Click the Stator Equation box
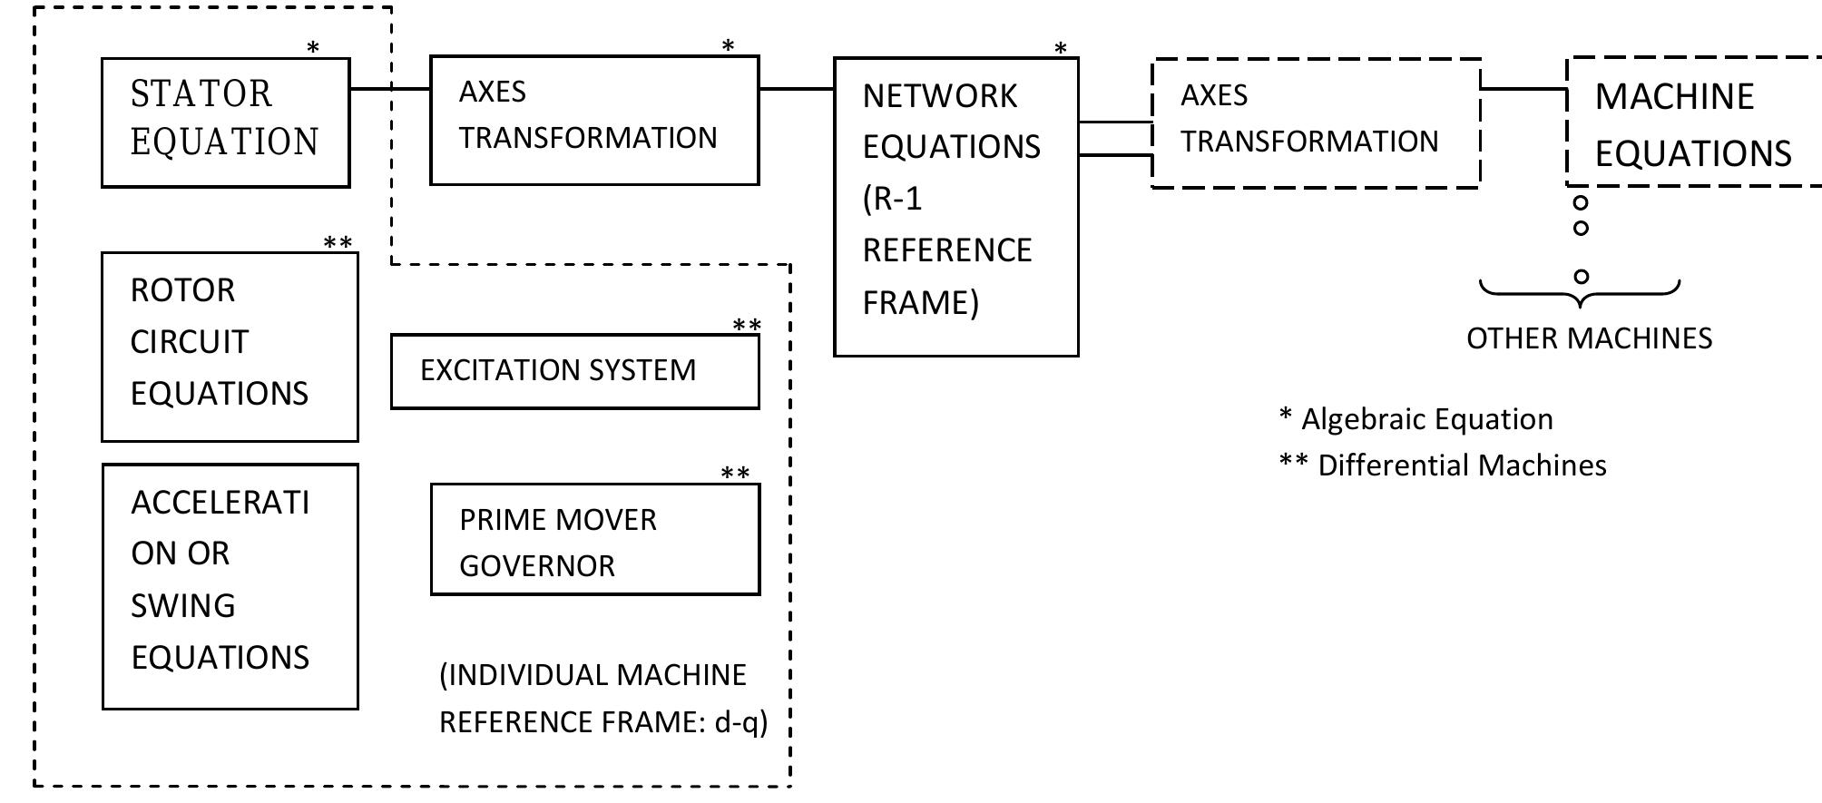point(225,122)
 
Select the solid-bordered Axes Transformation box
point(593,120)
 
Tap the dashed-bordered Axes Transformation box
point(1316,123)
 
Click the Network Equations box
point(955,207)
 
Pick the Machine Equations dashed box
point(1693,122)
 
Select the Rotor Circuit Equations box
point(230,347)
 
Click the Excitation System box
point(574,371)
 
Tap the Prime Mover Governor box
point(594,539)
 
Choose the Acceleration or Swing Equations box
point(230,586)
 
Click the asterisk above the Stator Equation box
point(313,48)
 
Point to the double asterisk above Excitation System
point(747,326)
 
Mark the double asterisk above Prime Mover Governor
point(735,474)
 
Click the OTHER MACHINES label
point(1589,338)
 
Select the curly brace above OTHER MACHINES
point(1580,289)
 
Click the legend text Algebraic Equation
point(1426,419)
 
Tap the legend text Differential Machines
point(1461,465)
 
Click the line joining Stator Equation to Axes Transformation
point(389,89)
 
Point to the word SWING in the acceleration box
point(182,605)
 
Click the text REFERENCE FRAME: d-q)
point(603,722)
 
